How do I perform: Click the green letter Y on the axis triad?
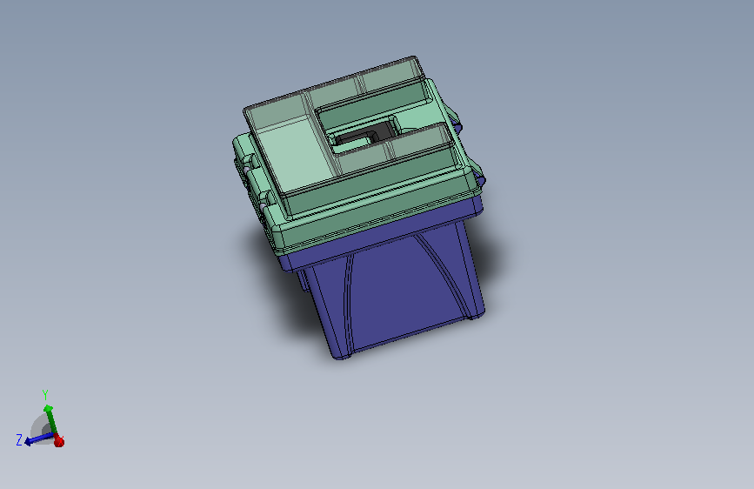[45, 394]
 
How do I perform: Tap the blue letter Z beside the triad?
[18, 440]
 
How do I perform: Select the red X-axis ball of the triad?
[59, 441]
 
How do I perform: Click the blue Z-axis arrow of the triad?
[36, 439]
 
